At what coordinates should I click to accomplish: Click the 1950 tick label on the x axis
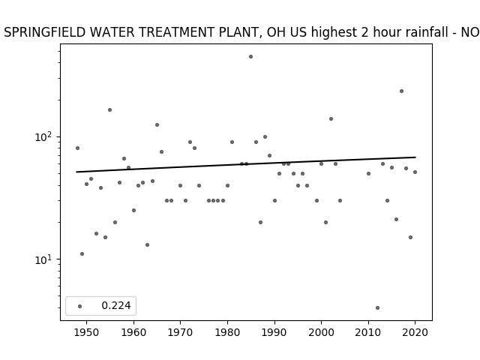click(87, 332)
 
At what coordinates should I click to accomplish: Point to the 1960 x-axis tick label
click(133, 332)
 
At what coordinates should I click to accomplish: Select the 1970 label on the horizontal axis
click(180, 332)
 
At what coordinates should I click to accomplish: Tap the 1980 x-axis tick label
click(227, 332)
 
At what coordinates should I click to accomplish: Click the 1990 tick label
click(274, 332)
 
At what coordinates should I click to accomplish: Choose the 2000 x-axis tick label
click(322, 332)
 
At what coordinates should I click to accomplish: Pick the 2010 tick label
click(368, 332)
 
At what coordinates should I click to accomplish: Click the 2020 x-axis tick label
click(415, 332)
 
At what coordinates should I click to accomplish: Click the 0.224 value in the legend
click(116, 305)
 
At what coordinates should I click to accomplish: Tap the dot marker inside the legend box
click(80, 306)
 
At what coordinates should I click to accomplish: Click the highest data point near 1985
click(250, 57)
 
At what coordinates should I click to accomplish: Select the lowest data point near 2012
click(377, 307)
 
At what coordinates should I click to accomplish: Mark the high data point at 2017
click(401, 91)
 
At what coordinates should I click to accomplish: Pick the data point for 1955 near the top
click(109, 110)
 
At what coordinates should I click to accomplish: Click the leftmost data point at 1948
click(77, 148)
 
